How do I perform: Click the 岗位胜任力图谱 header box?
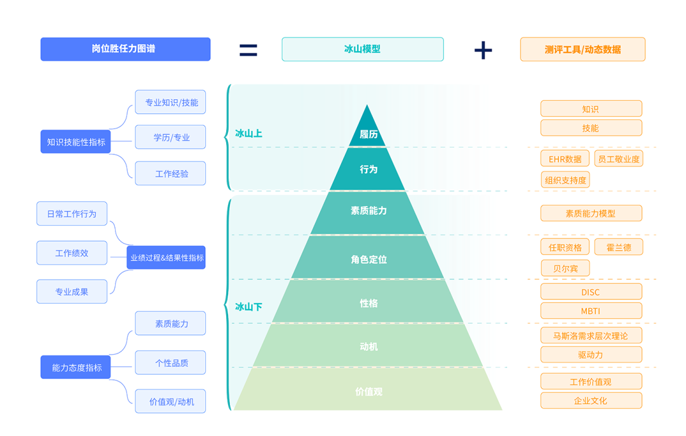(x=125, y=49)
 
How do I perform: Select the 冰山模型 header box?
(x=362, y=49)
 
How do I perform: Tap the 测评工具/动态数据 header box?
(x=582, y=50)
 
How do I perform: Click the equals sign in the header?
(x=248, y=50)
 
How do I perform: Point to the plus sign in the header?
(x=483, y=50)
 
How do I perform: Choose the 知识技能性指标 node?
(x=76, y=142)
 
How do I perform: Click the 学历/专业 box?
(x=170, y=137)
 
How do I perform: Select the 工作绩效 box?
(x=72, y=253)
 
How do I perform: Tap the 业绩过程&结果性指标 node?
(x=166, y=258)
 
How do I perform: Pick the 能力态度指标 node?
(x=76, y=367)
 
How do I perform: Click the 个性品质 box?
(x=170, y=363)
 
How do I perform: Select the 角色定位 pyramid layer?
(x=368, y=259)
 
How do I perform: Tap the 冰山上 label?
(x=248, y=133)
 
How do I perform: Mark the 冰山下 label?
(x=248, y=307)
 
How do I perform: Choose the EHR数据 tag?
(x=565, y=159)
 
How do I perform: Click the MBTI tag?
(x=591, y=311)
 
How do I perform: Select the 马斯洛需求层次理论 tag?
(x=591, y=336)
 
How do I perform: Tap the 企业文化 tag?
(x=591, y=401)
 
